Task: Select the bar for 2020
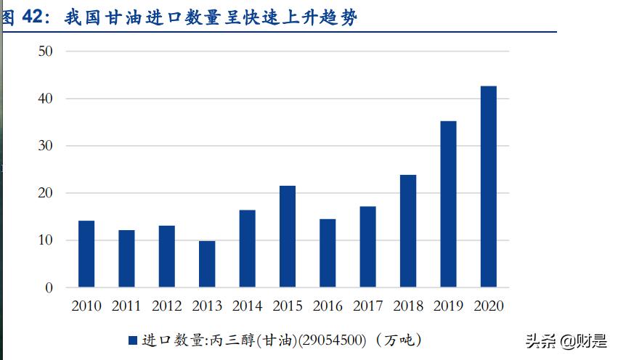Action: tap(489, 187)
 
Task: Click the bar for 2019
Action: tap(448, 204)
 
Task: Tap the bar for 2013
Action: tap(207, 264)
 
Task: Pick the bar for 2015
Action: tap(288, 237)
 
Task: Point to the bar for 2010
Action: tap(86, 254)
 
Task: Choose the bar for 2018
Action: tap(408, 231)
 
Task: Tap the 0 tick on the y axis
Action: tap(49, 288)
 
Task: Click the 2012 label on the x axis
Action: tap(167, 306)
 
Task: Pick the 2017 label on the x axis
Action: tap(368, 306)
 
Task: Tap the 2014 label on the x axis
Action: tap(248, 306)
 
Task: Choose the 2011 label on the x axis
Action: tap(126, 306)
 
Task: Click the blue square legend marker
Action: tap(133, 340)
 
